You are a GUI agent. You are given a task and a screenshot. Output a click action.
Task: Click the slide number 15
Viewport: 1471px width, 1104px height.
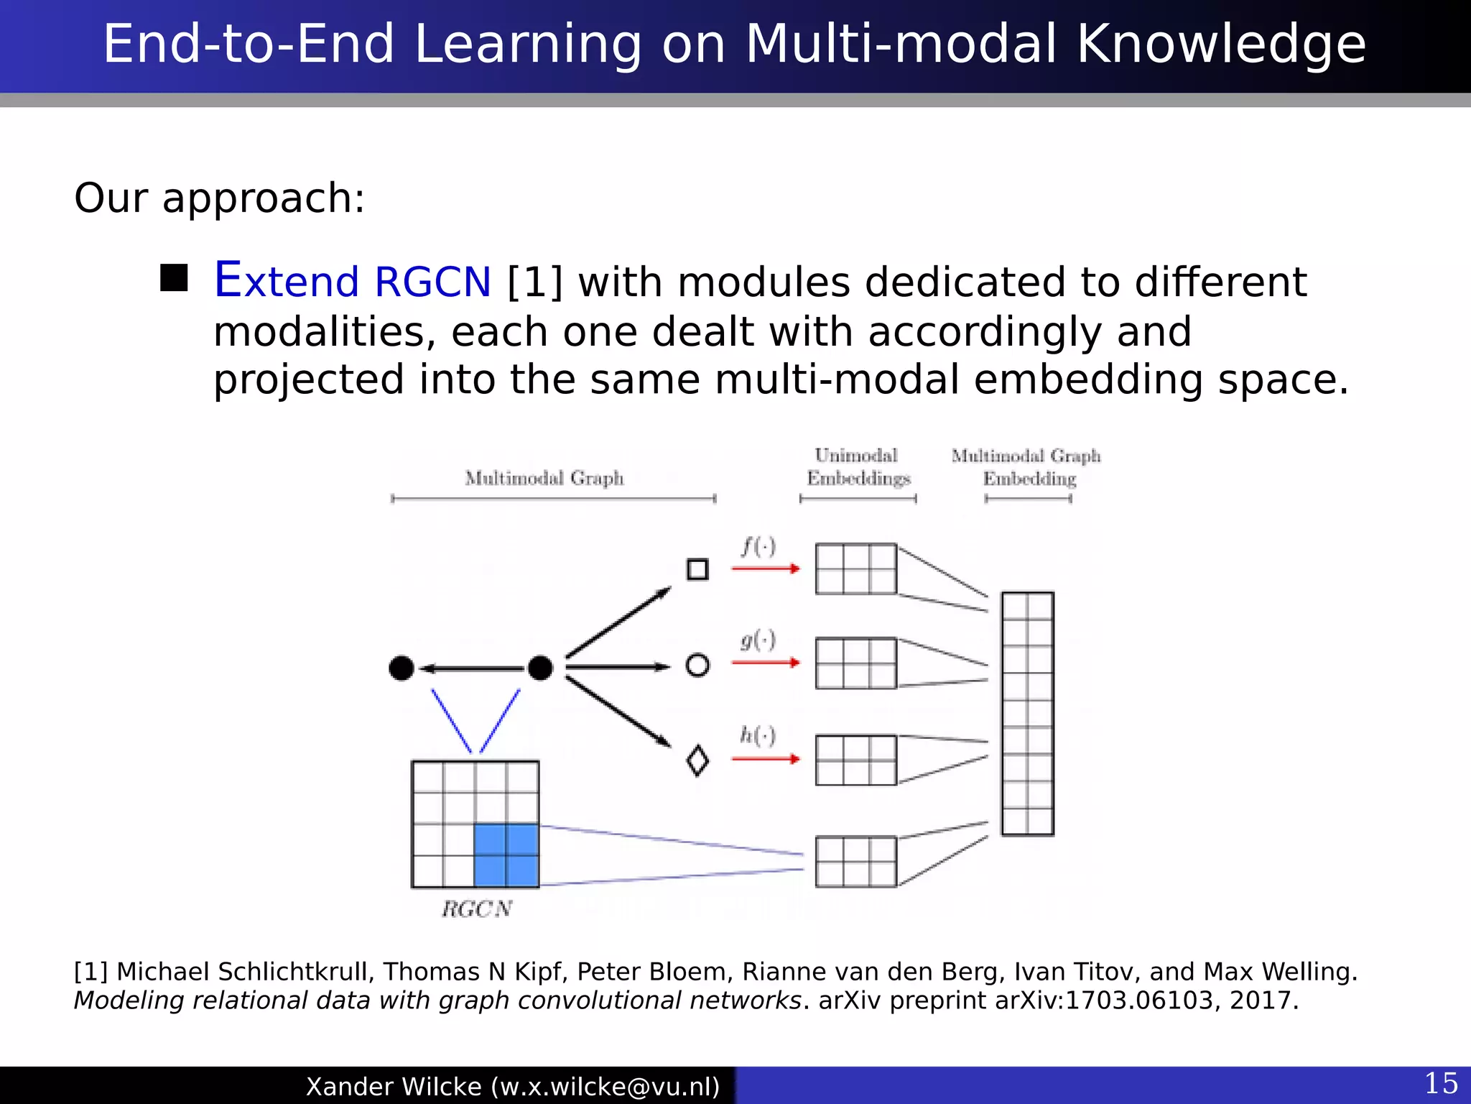point(1441,1083)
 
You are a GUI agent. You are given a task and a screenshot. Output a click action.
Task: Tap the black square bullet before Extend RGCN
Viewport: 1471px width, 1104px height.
point(174,278)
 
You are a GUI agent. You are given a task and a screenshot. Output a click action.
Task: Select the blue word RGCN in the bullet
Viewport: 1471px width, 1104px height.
point(432,282)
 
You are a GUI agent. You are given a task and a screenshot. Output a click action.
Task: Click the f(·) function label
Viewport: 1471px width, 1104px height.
point(758,547)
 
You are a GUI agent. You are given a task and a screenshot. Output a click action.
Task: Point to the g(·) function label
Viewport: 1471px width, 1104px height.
point(758,640)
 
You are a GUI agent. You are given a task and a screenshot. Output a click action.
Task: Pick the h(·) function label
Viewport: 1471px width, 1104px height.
point(758,735)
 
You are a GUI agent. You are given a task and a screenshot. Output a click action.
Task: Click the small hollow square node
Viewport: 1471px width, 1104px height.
point(697,569)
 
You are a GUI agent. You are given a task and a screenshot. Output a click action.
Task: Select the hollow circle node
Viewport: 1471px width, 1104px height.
point(697,665)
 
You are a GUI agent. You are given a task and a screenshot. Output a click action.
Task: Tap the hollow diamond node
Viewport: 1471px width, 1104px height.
point(697,760)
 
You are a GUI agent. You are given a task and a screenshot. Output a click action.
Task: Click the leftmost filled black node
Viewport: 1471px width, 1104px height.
point(402,668)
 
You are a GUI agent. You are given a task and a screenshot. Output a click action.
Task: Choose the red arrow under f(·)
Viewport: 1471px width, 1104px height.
point(766,569)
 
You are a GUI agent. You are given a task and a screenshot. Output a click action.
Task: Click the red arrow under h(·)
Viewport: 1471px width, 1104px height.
point(766,758)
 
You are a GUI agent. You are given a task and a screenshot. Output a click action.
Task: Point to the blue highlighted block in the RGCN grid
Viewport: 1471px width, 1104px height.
point(506,855)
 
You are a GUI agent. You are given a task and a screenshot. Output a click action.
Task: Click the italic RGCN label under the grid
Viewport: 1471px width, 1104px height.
point(477,909)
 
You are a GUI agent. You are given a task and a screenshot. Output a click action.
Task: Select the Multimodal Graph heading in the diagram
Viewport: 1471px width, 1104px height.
point(544,478)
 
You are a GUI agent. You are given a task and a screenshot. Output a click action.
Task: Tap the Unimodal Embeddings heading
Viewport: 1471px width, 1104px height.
point(858,467)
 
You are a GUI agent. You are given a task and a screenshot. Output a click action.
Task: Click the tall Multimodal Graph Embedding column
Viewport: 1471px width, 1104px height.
point(1028,713)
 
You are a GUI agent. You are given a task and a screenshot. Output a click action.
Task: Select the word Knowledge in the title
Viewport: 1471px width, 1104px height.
point(1221,45)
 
